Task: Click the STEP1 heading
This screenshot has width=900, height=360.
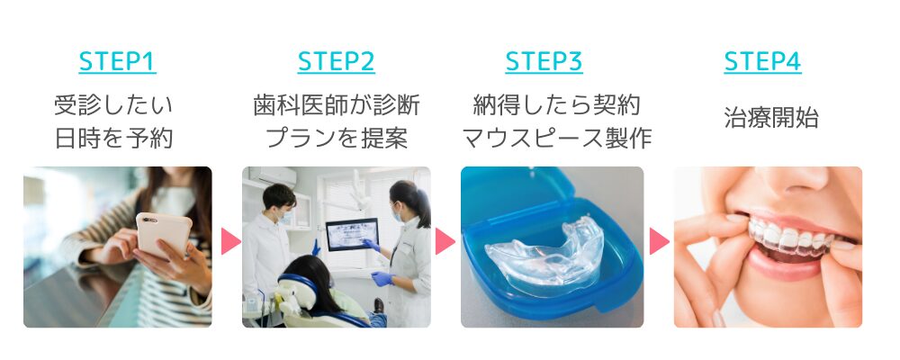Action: click(x=117, y=61)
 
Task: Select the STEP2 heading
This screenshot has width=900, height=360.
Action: click(x=336, y=61)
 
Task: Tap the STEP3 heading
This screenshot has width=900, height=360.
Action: click(x=544, y=61)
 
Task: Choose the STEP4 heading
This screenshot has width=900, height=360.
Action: click(x=762, y=61)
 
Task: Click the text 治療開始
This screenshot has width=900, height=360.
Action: click(x=771, y=118)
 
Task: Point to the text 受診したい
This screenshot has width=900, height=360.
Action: click(x=113, y=105)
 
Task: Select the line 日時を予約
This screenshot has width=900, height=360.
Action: click(x=113, y=139)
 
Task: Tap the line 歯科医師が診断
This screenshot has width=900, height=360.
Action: click(x=337, y=105)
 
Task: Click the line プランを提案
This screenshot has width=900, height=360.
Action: click(x=337, y=139)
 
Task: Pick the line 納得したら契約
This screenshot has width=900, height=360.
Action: click(x=555, y=105)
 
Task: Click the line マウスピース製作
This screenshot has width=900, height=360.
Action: click(x=556, y=139)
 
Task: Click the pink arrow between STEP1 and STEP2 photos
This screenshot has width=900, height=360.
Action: click(x=230, y=241)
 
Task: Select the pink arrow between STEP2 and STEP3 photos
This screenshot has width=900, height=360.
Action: click(x=445, y=241)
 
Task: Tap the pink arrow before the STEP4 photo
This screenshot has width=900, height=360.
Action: click(x=659, y=241)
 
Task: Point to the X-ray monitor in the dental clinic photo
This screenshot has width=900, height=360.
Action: click(x=352, y=234)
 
